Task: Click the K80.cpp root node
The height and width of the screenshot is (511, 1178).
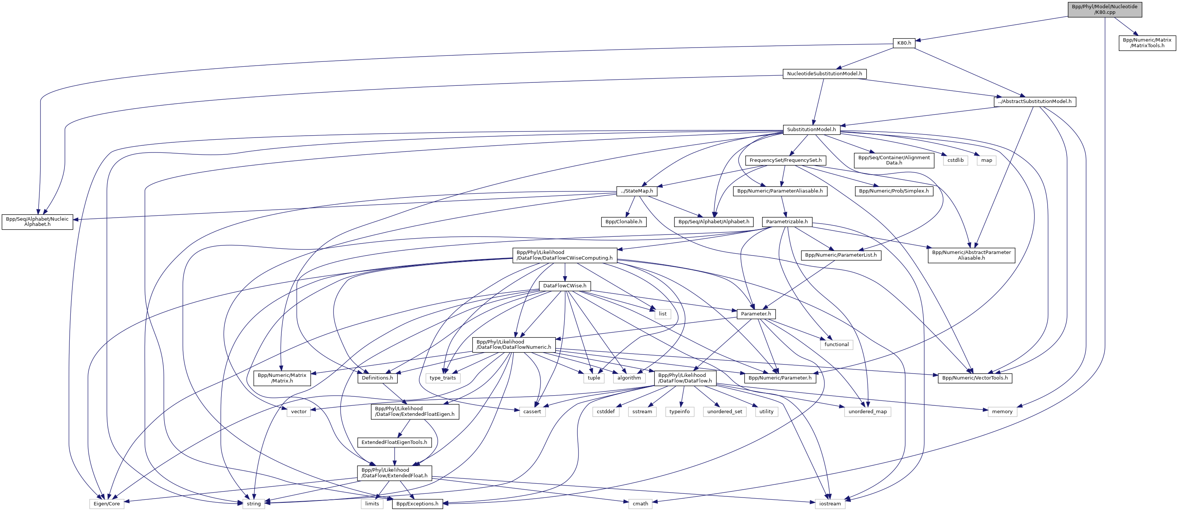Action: pos(1105,9)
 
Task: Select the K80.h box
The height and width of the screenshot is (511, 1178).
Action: pos(904,43)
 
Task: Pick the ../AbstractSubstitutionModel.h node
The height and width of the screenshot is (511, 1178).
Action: pos(1035,102)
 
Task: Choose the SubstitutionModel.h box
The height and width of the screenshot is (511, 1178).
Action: pos(811,129)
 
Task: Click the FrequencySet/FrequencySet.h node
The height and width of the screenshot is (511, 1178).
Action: pos(786,160)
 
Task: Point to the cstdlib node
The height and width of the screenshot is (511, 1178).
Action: pos(955,160)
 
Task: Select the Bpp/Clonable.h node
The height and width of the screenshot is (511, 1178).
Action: pos(624,222)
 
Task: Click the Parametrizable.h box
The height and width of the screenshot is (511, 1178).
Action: pos(786,222)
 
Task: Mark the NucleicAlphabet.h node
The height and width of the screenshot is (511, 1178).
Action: pos(37,222)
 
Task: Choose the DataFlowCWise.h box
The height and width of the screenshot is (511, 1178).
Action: pos(565,286)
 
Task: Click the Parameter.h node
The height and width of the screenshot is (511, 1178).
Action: pos(756,314)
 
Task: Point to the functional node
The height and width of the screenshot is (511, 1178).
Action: pos(836,345)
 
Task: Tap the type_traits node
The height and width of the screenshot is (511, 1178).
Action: pos(442,378)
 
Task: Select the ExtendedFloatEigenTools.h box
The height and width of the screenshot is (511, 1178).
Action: pos(394,442)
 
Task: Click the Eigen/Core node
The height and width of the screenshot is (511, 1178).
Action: pos(106,504)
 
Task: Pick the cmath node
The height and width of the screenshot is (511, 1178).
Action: pos(640,504)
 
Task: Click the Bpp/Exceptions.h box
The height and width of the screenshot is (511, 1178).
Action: pos(417,504)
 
